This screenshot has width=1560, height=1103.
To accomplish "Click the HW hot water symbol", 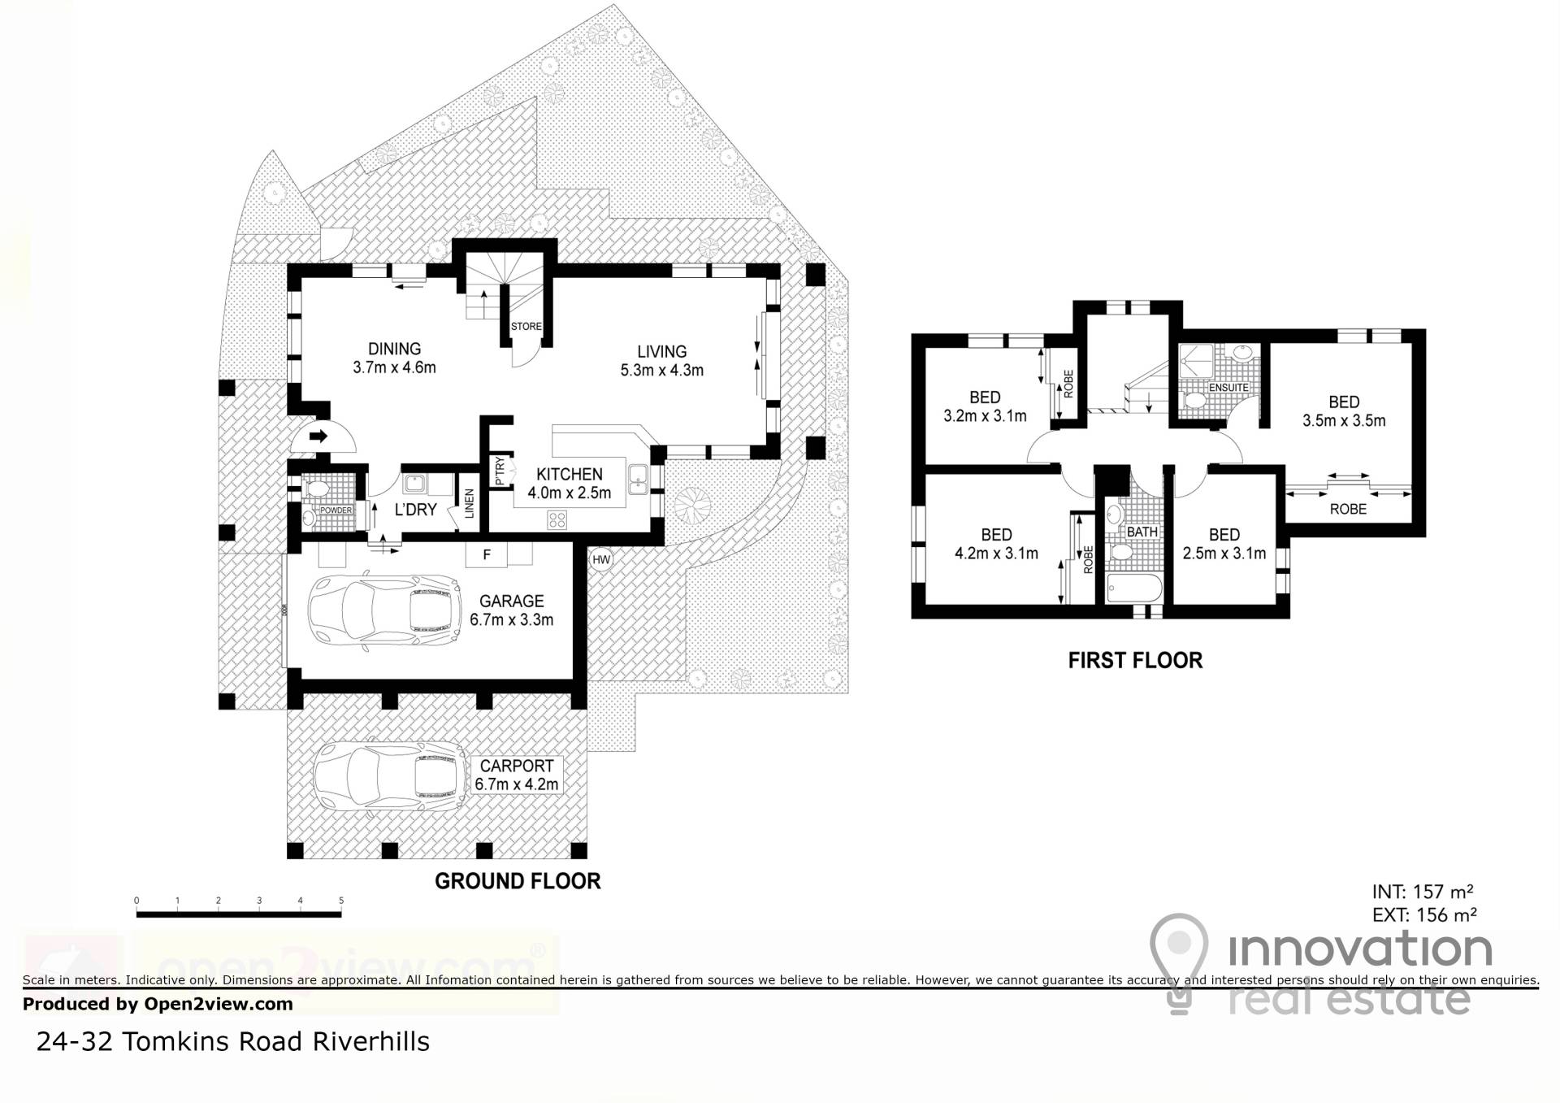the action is pos(601,559).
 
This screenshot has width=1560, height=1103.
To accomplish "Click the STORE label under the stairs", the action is pos(526,327).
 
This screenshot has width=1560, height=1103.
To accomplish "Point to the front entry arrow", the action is pos(318,436).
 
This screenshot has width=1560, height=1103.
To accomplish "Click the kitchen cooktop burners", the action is pos(557,519).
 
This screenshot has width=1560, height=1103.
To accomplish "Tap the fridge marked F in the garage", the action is pos(487,555).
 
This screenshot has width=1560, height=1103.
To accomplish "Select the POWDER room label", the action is pos(336,510).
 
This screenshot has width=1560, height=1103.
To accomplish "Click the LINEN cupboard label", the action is pos(470,503).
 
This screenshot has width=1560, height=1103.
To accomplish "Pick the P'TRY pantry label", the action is pos(500,471).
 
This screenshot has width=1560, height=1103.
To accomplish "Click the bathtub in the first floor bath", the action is pos(1134,588).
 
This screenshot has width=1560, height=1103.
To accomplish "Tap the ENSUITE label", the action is pos(1228,388).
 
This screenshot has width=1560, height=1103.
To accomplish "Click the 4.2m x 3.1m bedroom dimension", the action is pos(996,554).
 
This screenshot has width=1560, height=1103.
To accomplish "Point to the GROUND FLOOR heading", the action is pos(518,881).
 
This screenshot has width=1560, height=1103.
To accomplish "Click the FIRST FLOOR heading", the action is pos(1135,660).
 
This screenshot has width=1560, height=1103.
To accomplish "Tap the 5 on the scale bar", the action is pos(341,901).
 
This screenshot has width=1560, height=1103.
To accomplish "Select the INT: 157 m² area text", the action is pos(1423,891).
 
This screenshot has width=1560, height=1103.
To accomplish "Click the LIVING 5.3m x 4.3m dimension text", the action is pos(661,361).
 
